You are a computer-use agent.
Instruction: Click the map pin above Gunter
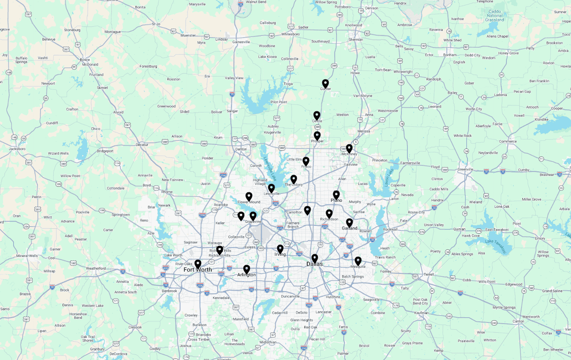[325, 83]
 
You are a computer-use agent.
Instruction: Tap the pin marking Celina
[317, 115]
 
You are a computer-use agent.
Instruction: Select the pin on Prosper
[317, 135]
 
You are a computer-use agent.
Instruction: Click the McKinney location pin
[349, 148]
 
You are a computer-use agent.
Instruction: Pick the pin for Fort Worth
[198, 264]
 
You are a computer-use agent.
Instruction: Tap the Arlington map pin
[246, 269]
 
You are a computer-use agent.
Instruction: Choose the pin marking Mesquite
[358, 261]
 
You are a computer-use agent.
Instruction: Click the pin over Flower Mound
[249, 196]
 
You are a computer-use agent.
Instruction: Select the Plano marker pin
[336, 195]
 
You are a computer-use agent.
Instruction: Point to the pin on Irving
[280, 249]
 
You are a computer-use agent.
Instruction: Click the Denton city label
[241, 149]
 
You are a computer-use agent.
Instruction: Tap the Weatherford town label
[96, 268]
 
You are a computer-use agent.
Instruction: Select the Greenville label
[465, 169]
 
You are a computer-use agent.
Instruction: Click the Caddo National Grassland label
[494, 16]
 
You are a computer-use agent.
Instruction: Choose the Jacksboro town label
[17, 149]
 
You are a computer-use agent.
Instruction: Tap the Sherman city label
[356, 40]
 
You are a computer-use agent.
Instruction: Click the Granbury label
[97, 349]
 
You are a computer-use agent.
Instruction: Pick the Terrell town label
[429, 274]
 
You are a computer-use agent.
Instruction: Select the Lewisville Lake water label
[270, 168]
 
